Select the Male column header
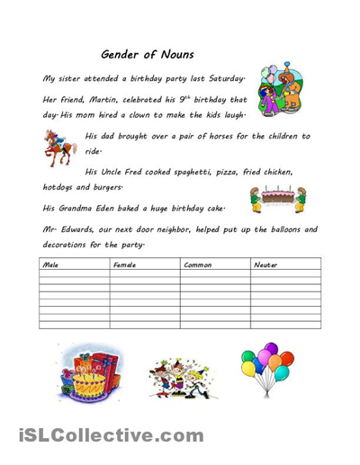[x=50, y=265]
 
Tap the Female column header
[x=123, y=265]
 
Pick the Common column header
[x=196, y=265]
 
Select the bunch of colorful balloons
[x=266, y=369]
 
